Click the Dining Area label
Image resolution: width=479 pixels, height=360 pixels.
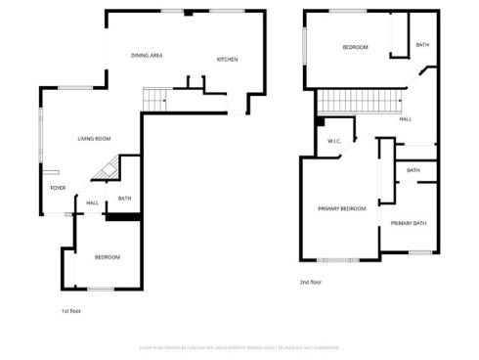pyautogui.click(x=147, y=56)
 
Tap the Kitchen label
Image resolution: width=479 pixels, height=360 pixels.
pyautogui.click(x=227, y=60)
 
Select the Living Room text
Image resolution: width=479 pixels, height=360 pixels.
pyautogui.click(x=94, y=139)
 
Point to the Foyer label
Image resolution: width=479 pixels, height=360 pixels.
pyautogui.click(x=59, y=187)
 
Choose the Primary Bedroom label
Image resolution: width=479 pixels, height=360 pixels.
pyautogui.click(x=341, y=208)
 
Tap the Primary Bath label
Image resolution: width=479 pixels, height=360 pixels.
pyautogui.click(x=409, y=224)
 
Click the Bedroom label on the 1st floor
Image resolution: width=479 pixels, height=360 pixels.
pyautogui.click(x=107, y=257)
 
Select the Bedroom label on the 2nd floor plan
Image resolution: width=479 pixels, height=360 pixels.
pyautogui.click(x=355, y=48)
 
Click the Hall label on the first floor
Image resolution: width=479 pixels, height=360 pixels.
pyautogui.click(x=92, y=203)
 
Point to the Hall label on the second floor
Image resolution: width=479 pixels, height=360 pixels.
pyautogui.click(x=405, y=119)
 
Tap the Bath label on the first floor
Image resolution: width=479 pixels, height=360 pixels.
pyautogui.click(x=124, y=200)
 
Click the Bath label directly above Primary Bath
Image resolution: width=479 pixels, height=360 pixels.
pyautogui.click(x=414, y=170)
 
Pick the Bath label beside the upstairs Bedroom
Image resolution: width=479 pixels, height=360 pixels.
pyautogui.click(x=421, y=45)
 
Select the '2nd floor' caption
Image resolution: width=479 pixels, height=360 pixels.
pyautogui.click(x=311, y=283)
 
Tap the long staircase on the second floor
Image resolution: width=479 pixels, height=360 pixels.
pyautogui.click(x=361, y=102)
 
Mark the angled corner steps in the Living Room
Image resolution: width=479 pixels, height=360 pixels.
pyautogui.click(x=105, y=171)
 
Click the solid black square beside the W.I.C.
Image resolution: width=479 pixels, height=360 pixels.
pyautogui.click(x=320, y=123)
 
